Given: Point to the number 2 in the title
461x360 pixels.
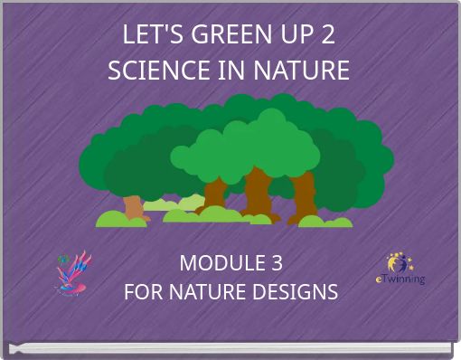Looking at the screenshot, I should point(328,35).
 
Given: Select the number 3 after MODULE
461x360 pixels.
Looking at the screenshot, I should point(275,263).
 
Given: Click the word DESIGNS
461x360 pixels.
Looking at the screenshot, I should point(296,292).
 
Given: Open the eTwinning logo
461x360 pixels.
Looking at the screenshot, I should point(400,269).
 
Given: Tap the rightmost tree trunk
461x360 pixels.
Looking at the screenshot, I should point(304,197).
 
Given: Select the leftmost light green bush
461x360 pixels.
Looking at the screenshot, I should point(115,218).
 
